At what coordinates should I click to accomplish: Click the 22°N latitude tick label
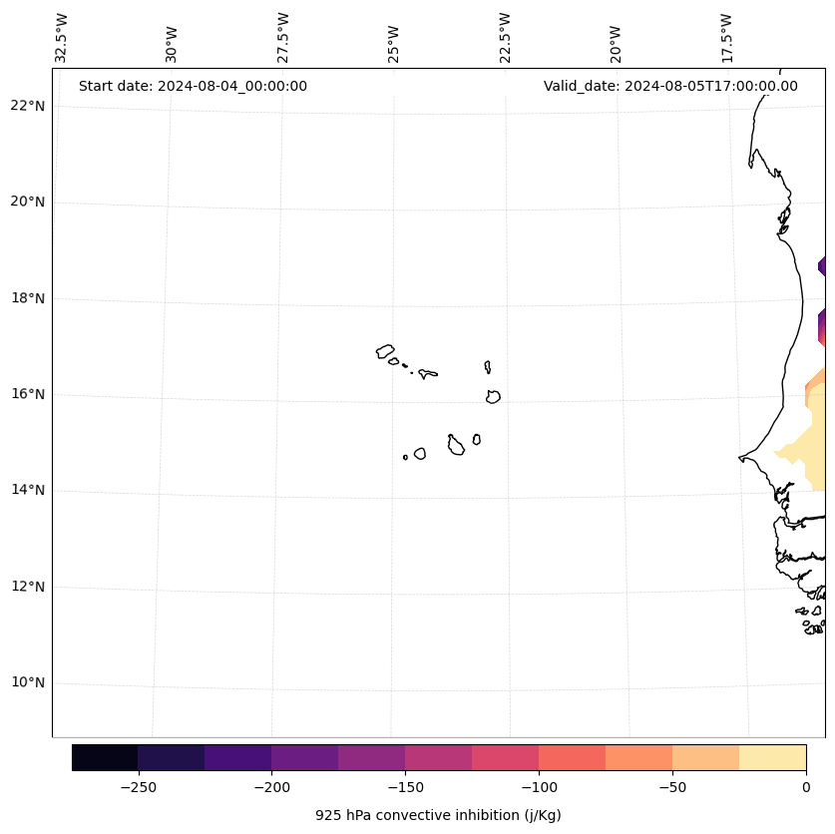(x=28, y=106)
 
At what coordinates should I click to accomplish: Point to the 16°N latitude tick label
(x=28, y=394)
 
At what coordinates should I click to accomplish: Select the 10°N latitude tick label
(x=28, y=682)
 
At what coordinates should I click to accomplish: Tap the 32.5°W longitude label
(x=62, y=38)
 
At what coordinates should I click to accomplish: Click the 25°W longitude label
(x=394, y=41)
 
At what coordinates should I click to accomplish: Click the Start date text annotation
(x=193, y=86)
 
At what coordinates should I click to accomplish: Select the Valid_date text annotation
(x=670, y=86)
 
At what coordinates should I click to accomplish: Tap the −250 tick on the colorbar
(x=138, y=786)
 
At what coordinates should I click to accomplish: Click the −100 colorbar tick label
(x=539, y=786)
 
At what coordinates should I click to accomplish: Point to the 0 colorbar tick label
(x=806, y=786)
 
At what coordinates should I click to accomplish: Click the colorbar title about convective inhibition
(x=438, y=815)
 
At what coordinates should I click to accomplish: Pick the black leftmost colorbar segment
(x=105, y=757)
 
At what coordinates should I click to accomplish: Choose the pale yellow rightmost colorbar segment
(x=772, y=757)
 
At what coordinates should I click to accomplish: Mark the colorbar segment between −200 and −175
(x=304, y=757)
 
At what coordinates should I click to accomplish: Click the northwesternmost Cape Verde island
(x=385, y=351)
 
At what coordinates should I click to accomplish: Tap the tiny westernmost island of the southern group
(x=405, y=457)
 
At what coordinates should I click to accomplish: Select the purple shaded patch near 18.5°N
(x=822, y=266)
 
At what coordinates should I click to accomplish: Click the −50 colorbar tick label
(x=672, y=786)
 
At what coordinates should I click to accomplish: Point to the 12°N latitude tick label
(x=28, y=587)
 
